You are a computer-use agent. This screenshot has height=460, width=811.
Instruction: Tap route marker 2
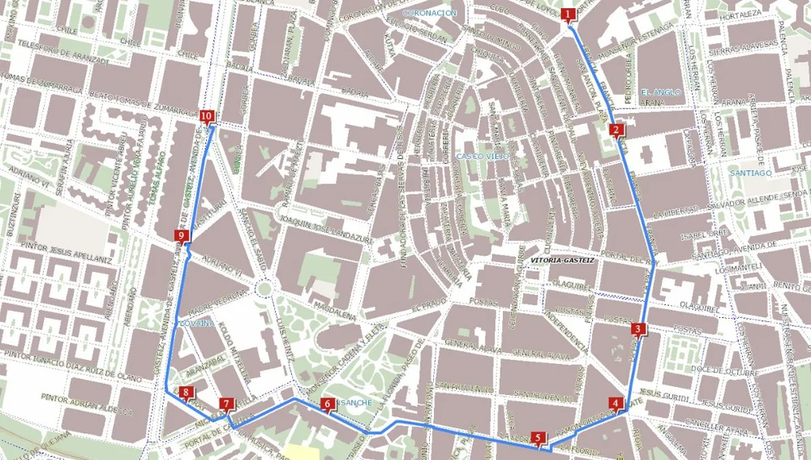pyautogui.click(x=616, y=130)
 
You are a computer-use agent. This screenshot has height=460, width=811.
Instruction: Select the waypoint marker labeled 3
pyautogui.click(x=638, y=329)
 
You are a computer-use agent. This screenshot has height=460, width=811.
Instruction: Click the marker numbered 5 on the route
pyautogui.click(x=616, y=403)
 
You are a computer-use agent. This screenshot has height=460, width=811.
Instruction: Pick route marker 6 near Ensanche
pyautogui.click(x=539, y=438)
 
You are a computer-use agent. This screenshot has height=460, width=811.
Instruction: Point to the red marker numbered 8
pyautogui.click(x=328, y=404)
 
